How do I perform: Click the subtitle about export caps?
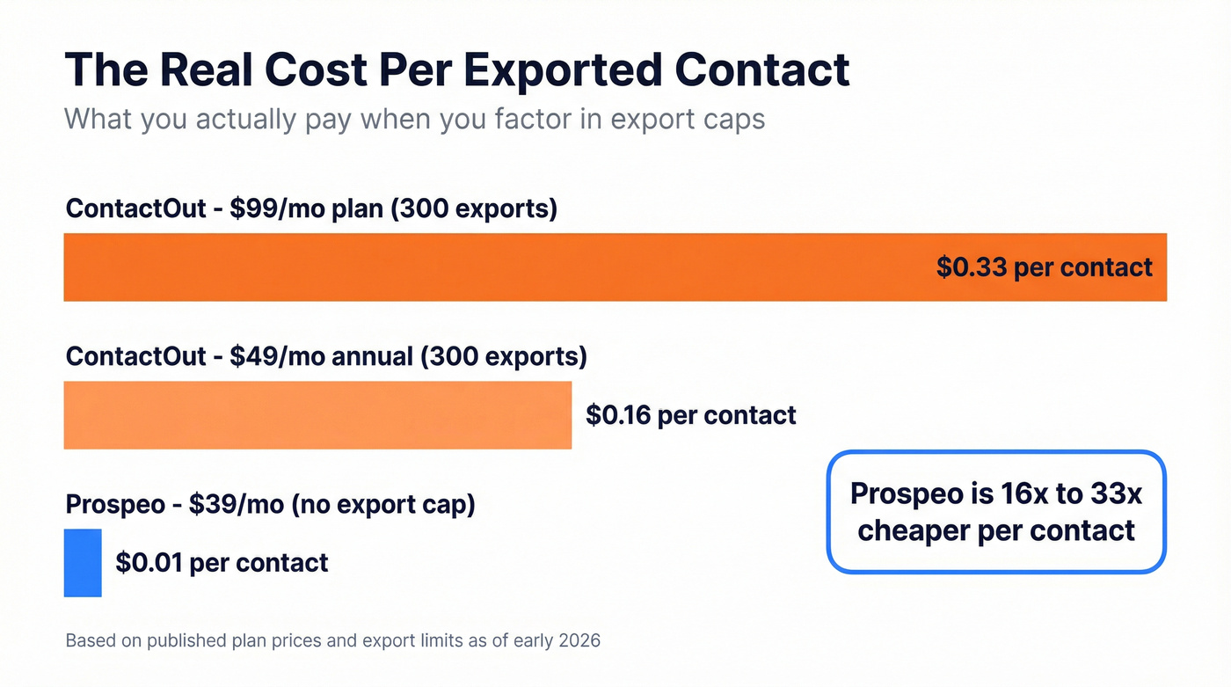point(414,118)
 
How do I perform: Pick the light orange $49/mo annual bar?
point(317,415)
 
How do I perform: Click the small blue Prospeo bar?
point(83,563)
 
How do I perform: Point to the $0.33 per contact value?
point(1044,267)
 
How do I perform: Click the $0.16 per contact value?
point(690,415)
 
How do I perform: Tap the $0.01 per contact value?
point(222,563)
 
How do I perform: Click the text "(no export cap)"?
point(383,504)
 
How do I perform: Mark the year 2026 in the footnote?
point(579,640)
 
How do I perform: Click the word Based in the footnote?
point(90,640)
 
